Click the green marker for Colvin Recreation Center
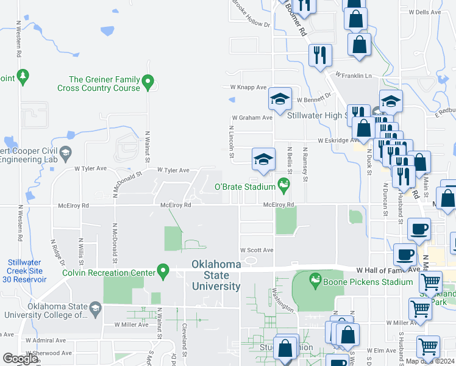tap(163, 271)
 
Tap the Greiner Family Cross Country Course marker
tap(148, 82)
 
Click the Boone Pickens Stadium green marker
tap(315, 281)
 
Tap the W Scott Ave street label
tap(256, 250)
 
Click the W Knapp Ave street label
tap(248, 87)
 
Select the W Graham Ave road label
tap(251, 118)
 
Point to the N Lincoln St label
tap(232, 144)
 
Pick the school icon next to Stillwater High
tap(279, 99)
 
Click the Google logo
tap(20, 359)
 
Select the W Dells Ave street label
tap(425, 12)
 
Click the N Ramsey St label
tap(305, 163)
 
